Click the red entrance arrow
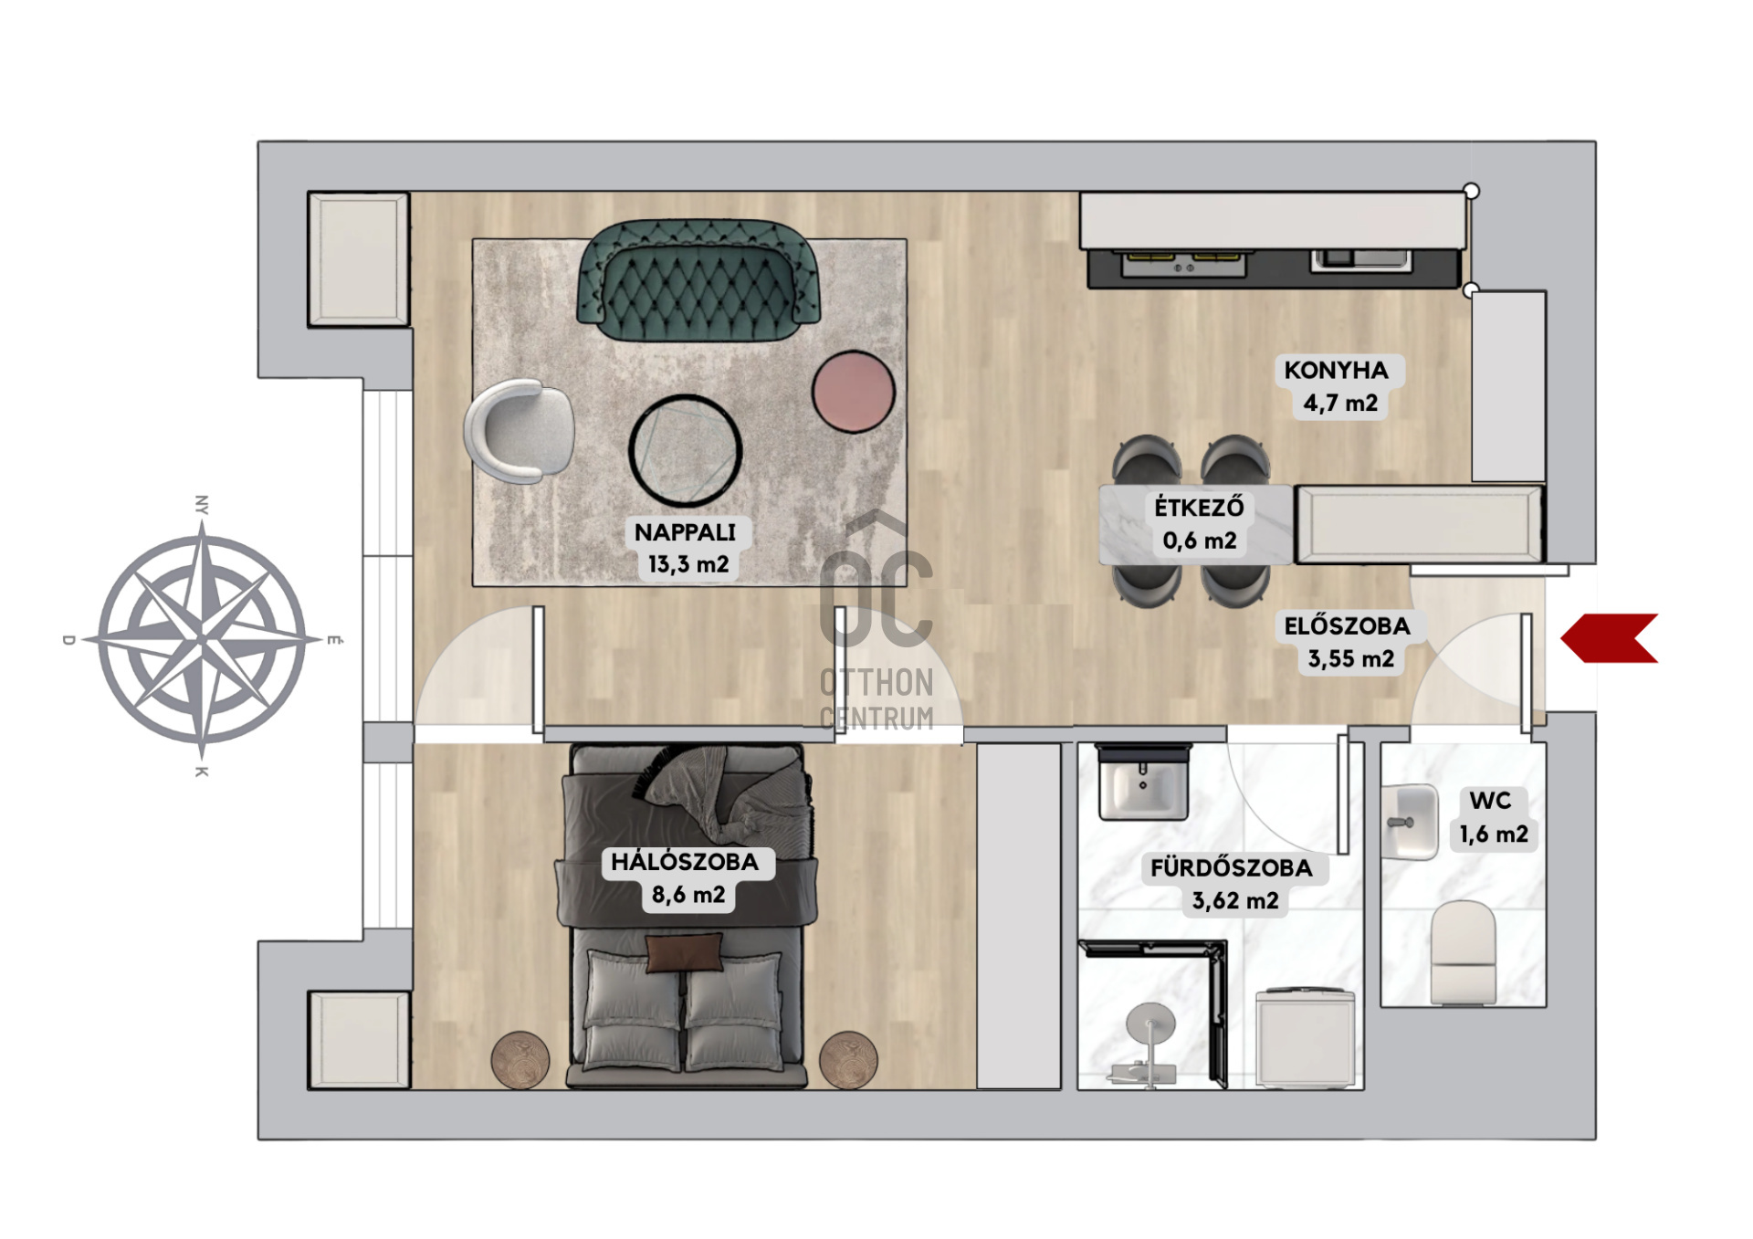pyautogui.click(x=1609, y=638)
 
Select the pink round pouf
pyautogui.click(x=853, y=392)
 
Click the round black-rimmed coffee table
pyautogui.click(x=685, y=451)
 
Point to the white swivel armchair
pyautogui.click(x=519, y=431)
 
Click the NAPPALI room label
pyautogui.click(x=685, y=532)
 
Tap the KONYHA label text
pyautogui.click(x=1336, y=370)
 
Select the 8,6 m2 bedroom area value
pyautogui.click(x=688, y=895)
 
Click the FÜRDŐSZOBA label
pyautogui.click(x=1231, y=867)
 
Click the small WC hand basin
pyautogui.click(x=1409, y=822)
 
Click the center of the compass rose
pyautogui.click(x=202, y=638)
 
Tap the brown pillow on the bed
pyautogui.click(x=684, y=952)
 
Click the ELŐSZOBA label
pyautogui.click(x=1347, y=626)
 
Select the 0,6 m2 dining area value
pyautogui.click(x=1199, y=541)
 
